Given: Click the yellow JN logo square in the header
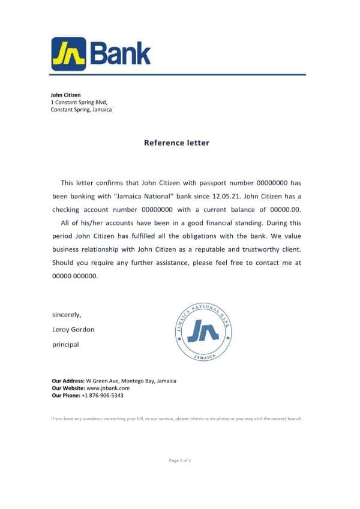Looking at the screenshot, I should (68, 54).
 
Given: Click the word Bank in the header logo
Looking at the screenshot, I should (120, 54).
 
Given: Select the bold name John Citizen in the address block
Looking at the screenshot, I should (66, 95).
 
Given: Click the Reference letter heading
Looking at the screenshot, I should (177, 143).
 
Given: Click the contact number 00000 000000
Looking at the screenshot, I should (74, 276).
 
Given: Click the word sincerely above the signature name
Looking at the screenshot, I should (67, 314).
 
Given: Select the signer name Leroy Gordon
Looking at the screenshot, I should (73, 329).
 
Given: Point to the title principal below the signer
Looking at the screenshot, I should (65, 344).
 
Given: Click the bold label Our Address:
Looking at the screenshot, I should (68, 381).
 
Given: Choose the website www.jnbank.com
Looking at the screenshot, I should (108, 388).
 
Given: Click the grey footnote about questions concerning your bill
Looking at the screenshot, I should (177, 418).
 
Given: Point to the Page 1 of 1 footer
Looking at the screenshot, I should (180, 460).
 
